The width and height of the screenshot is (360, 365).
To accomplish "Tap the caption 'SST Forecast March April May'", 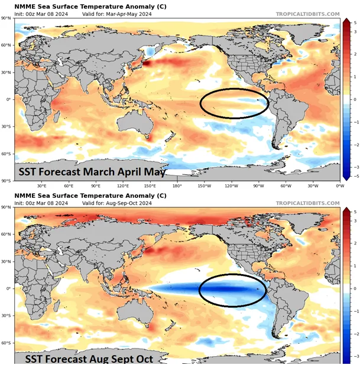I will click(x=91, y=172).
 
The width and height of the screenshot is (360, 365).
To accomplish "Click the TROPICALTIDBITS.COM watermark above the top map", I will click(x=307, y=14).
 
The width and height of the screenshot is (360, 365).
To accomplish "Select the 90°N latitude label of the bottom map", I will click(x=7, y=207).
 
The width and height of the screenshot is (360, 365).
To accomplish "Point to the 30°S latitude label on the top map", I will click(x=7, y=126).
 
